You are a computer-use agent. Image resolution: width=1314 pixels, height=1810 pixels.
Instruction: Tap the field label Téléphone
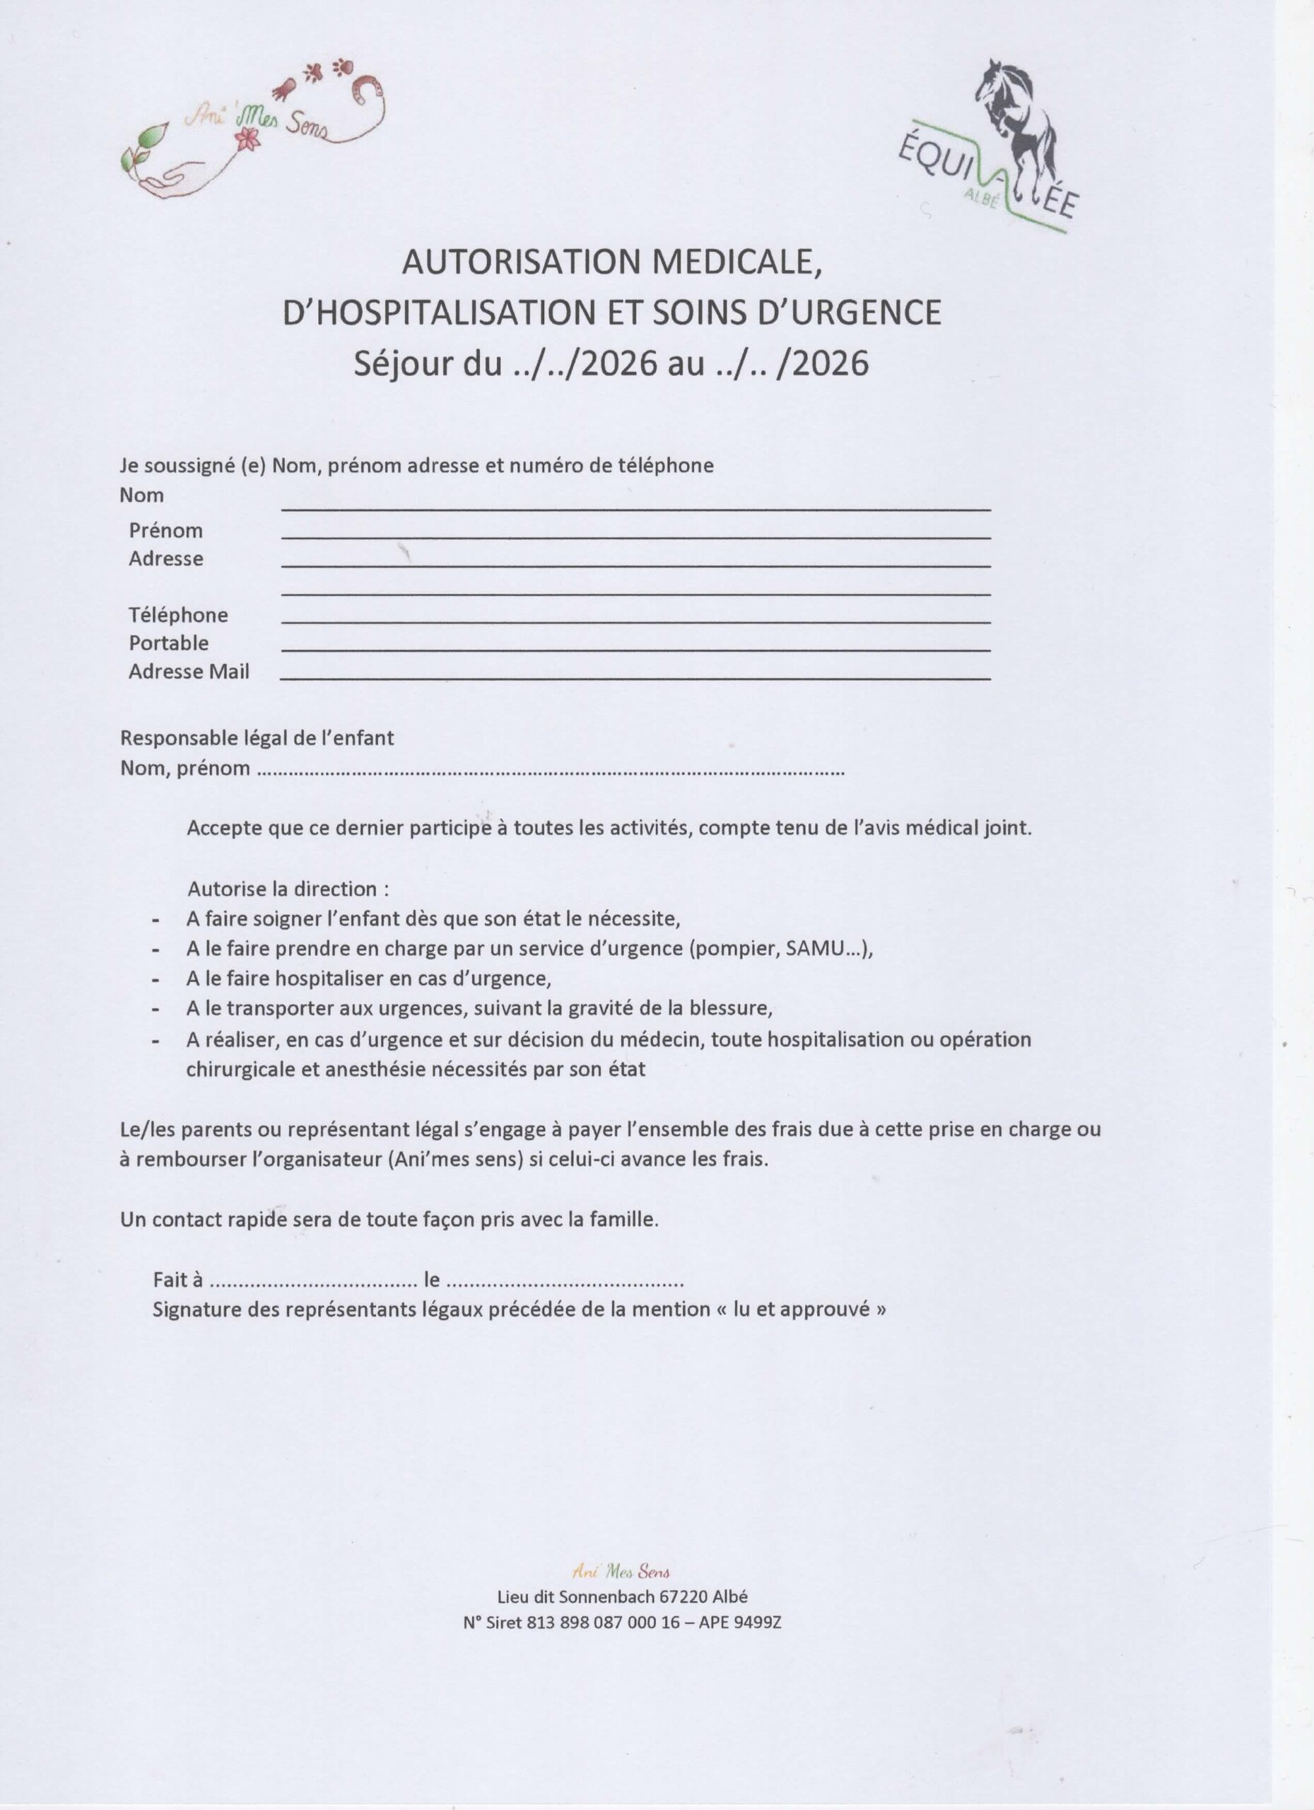click(178, 614)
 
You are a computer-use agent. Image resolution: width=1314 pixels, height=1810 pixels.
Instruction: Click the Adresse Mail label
click(189, 672)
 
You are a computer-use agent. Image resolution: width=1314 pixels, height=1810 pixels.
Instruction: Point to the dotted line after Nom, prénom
click(551, 771)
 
